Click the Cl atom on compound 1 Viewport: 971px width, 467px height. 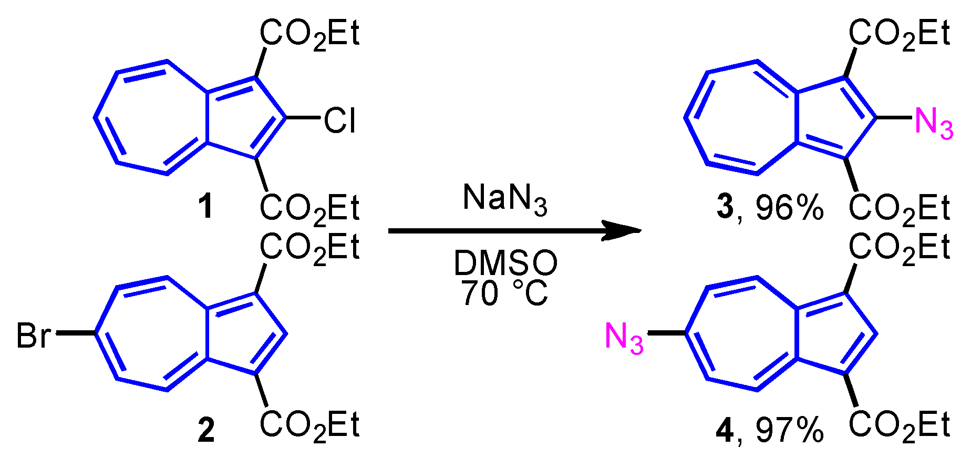coord(339,120)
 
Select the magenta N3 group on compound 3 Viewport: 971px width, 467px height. coord(933,123)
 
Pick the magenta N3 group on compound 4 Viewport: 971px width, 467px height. coord(624,338)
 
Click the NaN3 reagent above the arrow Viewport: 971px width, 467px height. coord(504,199)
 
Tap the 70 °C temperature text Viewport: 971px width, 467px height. coord(504,293)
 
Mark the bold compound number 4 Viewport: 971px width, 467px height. coord(725,431)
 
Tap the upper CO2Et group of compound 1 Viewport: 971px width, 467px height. coord(309,35)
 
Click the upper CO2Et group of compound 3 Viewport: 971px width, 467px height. coord(899,35)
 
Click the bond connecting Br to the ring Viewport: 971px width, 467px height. coord(75,333)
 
